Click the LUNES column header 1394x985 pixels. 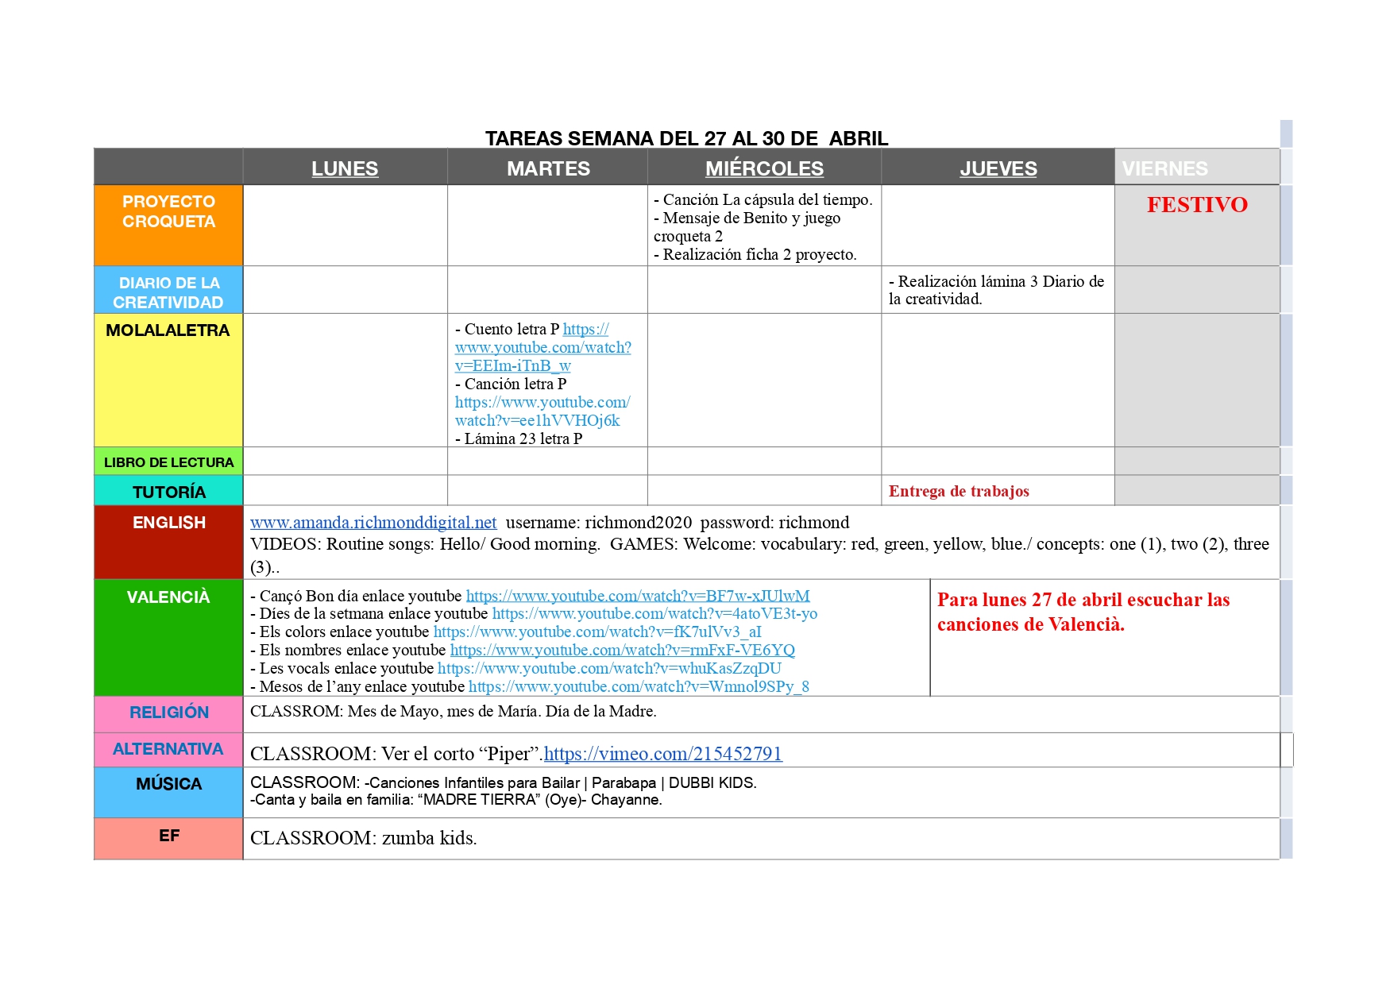345,168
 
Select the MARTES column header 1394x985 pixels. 548,168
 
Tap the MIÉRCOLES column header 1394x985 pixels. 764,168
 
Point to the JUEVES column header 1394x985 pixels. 998,168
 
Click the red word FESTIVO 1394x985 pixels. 1197,205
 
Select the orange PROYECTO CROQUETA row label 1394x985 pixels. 168,211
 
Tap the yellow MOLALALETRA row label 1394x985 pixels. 168,330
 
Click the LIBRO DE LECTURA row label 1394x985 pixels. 168,462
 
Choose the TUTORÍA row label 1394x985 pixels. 168,492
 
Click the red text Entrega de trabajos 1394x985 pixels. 959,491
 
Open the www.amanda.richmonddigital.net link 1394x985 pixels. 373,523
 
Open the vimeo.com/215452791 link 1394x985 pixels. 663,754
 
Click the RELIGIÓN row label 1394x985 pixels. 168,713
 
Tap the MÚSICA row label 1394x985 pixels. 168,784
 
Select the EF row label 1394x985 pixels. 168,836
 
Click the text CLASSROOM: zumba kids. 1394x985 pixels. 363,838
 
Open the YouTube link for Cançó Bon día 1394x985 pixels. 638,596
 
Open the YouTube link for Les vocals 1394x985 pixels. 609,668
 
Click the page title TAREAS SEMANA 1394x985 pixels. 686,138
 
